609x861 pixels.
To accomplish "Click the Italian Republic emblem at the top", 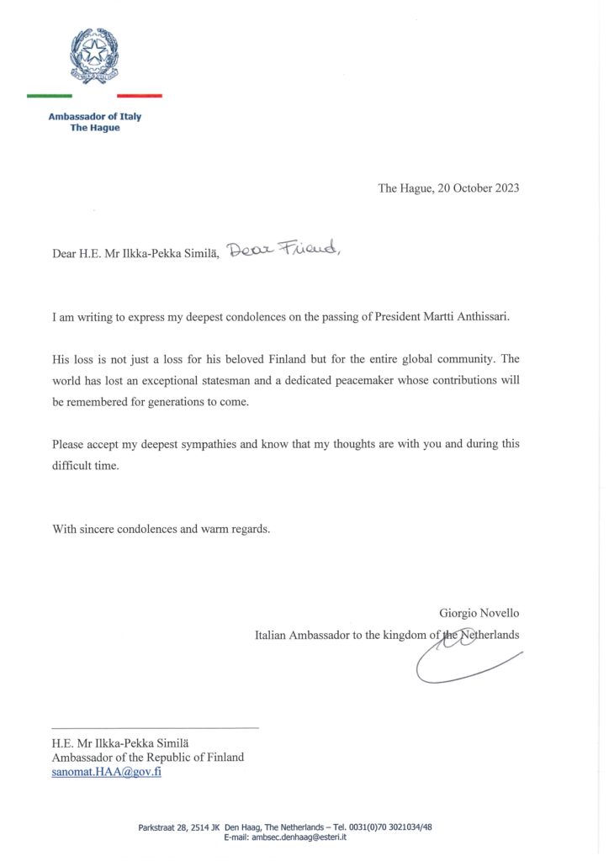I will coord(94,55).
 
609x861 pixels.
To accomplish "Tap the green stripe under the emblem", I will coord(49,96).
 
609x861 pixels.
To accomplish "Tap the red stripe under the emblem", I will coord(140,96).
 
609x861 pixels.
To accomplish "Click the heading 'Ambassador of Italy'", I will coord(94,117).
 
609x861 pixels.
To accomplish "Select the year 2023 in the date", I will coord(504,188).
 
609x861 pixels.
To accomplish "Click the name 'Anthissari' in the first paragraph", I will coord(482,318).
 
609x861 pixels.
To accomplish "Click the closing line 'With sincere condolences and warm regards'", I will coord(161,530).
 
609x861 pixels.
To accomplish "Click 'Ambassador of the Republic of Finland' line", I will coord(148,758).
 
